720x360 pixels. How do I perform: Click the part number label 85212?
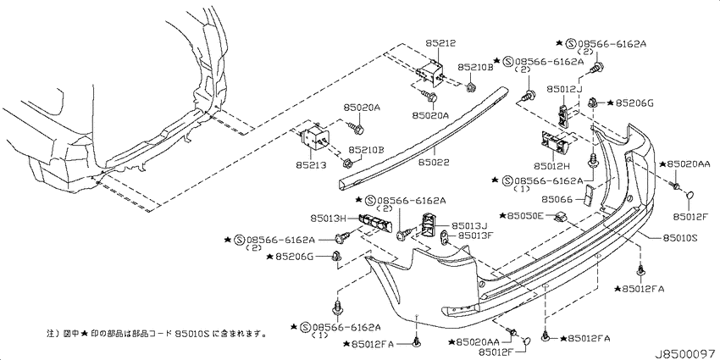pyautogui.click(x=440, y=44)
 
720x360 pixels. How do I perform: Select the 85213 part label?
pyautogui.click(x=311, y=165)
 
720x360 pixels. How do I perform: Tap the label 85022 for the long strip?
pyautogui.click(x=434, y=162)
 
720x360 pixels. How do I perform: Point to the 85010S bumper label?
pyautogui.click(x=679, y=238)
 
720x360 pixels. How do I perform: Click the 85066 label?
pyautogui.click(x=557, y=199)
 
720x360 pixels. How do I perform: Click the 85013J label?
pyautogui.click(x=468, y=225)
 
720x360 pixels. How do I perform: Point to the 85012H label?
pyautogui.click(x=551, y=165)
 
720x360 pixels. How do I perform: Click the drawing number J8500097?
pyautogui.click(x=687, y=354)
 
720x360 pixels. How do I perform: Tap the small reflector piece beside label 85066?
pyautogui.click(x=588, y=196)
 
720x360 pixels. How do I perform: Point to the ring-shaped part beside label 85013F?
pyautogui.click(x=446, y=237)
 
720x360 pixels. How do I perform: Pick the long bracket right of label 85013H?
pyautogui.click(x=376, y=222)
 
